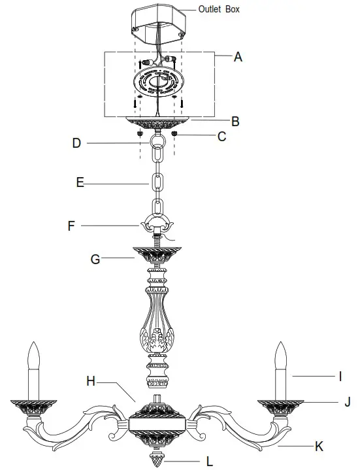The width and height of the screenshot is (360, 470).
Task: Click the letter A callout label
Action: (x=238, y=57)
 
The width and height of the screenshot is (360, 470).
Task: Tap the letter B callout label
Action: (x=235, y=121)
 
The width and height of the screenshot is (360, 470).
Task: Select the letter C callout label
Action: (x=221, y=137)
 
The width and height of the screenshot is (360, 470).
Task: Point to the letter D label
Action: (x=76, y=143)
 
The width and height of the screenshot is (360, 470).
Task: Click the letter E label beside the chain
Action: (x=80, y=183)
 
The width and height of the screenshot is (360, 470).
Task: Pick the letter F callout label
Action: (x=71, y=227)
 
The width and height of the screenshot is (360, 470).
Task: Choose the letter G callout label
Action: (x=95, y=260)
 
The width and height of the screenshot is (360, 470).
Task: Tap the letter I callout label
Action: (x=340, y=376)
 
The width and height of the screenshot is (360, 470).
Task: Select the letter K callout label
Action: (x=319, y=446)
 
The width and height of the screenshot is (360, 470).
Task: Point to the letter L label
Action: (x=209, y=462)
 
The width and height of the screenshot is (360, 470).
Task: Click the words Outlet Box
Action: (x=219, y=9)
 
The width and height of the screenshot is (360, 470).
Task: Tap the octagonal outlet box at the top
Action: (x=159, y=19)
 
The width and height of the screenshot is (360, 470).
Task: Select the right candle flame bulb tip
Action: (x=282, y=350)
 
